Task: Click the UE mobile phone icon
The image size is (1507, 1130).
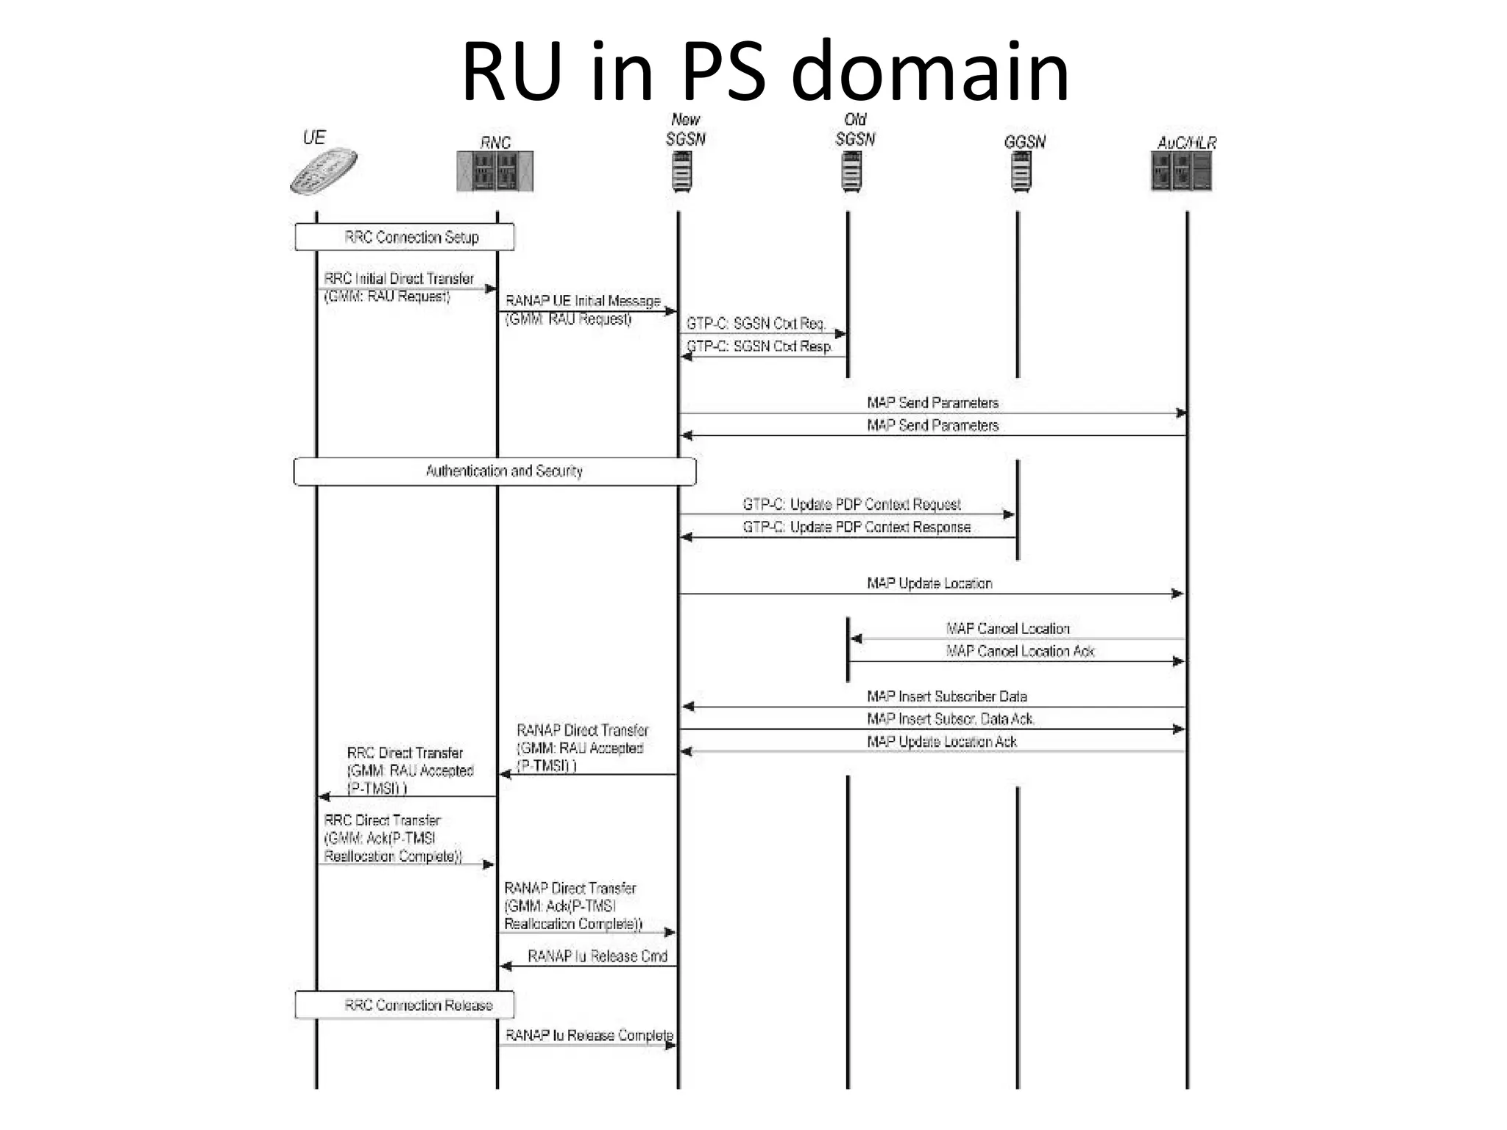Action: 324,171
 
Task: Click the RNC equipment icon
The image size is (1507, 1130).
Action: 494,171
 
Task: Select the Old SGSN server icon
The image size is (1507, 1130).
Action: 851,171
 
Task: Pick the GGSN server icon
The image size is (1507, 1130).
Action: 1021,171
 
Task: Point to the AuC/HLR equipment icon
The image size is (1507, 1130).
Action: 1181,171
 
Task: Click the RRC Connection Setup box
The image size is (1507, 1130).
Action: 405,237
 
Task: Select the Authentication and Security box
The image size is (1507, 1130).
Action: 494,471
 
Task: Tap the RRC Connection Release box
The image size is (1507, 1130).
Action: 405,1005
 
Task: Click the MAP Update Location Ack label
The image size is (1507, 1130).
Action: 942,742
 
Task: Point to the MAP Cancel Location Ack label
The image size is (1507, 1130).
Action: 1020,651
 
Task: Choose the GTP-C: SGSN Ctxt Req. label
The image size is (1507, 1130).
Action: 756,324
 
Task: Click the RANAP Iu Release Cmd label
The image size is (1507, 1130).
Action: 598,956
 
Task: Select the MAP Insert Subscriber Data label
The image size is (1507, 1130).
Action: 947,696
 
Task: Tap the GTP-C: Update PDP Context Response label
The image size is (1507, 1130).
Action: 857,527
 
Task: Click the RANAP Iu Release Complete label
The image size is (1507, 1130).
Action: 589,1035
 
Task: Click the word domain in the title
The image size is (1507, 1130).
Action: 930,72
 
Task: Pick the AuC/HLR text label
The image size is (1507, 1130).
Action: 1186,143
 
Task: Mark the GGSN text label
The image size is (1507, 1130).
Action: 1024,142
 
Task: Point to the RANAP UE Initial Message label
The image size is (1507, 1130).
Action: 583,301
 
